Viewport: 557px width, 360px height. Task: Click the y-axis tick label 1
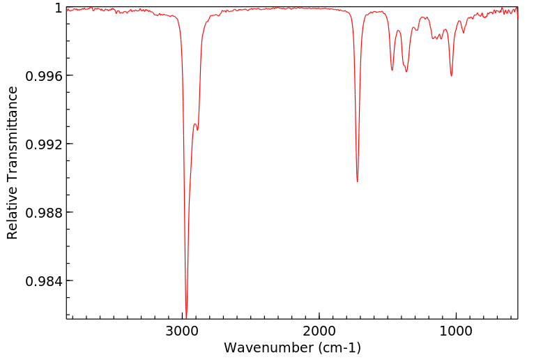pyautogui.click(x=58, y=8)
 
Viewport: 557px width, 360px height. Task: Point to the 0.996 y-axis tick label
pyautogui.click(x=43, y=76)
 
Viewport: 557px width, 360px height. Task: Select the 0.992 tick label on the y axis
pyautogui.click(x=43, y=144)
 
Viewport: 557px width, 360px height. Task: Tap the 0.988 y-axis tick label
pyautogui.click(x=43, y=213)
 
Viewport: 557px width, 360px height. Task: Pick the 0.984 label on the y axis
pyautogui.click(x=43, y=281)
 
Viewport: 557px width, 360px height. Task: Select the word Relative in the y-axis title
pyautogui.click(x=13, y=214)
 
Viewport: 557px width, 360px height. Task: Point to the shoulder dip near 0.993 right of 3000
pyautogui.click(x=197, y=130)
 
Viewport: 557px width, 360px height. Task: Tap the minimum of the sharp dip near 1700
pyautogui.click(x=357, y=181)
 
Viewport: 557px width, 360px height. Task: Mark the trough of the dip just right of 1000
pyautogui.click(x=452, y=75)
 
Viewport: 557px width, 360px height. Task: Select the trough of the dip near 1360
pyautogui.click(x=406, y=71)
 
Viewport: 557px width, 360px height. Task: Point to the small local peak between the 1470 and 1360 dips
pyautogui.click(x=398, y=30)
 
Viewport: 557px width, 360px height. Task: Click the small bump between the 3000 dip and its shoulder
pyautogui.click(x=194, y=123)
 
